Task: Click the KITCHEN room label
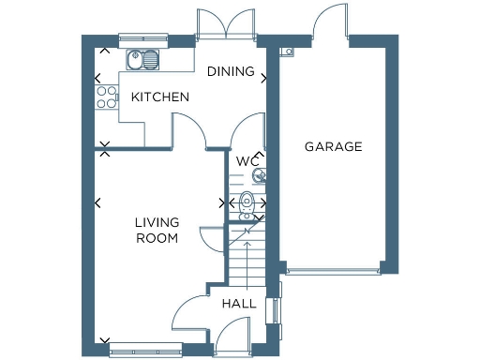[x=160, y=97]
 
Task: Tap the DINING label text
[x=231, y=71]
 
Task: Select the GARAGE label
[x=333, y=146]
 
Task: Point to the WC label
[x=247, y=160]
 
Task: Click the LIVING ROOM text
[x=156, y=230]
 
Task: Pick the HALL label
[x=238, y=304]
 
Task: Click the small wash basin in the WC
[x=259, y=173]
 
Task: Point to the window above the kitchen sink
[x=142, y=39]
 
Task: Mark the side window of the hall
[x=275, y=311]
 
